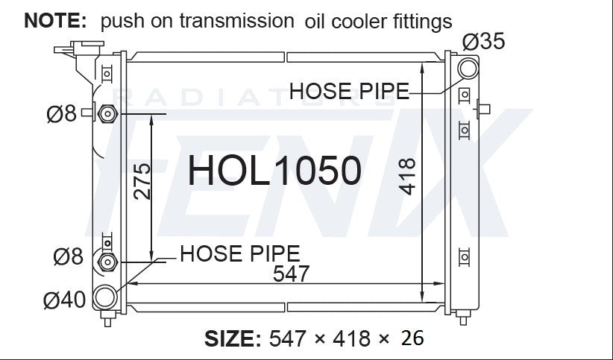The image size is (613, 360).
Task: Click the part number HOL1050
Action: point(274,170)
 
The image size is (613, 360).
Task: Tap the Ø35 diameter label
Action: point(483,42)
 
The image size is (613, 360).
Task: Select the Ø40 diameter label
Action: point(64,300)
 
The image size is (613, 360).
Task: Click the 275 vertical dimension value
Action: point(142,181)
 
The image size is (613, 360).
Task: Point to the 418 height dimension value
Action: point(407,177)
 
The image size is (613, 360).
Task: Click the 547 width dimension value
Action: point(291,274)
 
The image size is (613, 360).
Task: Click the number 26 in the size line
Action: point(412,338)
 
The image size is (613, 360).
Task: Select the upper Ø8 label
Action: point(62,114)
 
